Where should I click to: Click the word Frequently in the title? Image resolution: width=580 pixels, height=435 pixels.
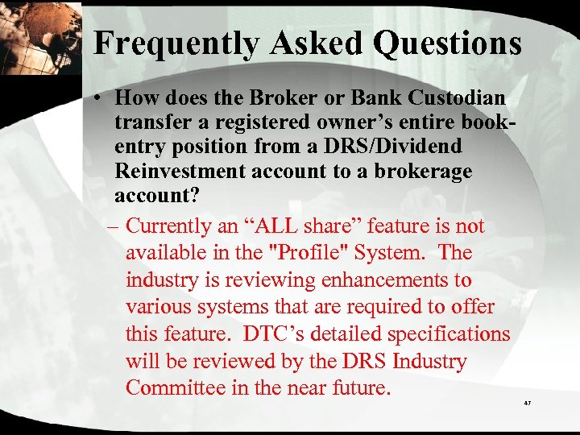point(169,43)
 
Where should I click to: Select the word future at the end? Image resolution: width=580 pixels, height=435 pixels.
point(361,387)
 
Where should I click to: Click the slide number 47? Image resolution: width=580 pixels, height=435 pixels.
point(528,402)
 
